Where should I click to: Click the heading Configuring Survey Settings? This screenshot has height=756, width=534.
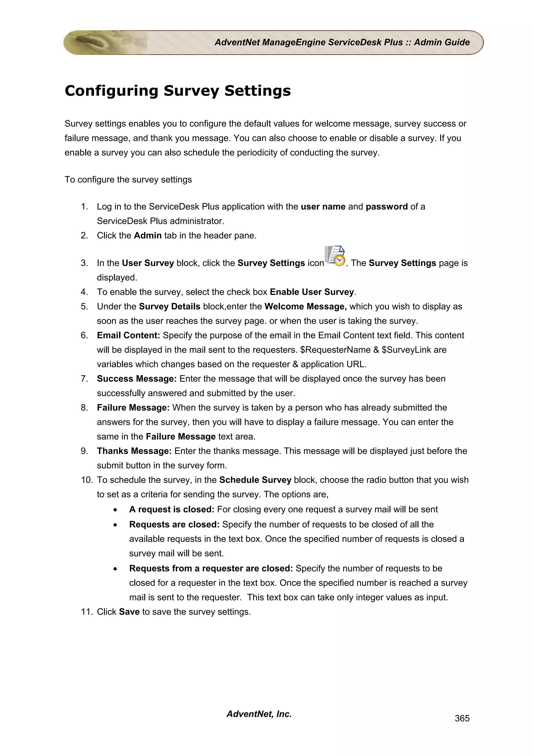(178, 91)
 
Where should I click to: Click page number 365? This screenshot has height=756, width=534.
(462, 718)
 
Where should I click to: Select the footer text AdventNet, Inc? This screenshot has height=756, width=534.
(259, 714)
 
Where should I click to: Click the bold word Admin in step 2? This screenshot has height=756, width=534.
(148, 235)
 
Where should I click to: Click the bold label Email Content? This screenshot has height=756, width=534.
(128, 335)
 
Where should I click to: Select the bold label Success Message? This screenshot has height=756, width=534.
(137, 379)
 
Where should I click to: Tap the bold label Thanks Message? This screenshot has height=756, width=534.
(134, 451)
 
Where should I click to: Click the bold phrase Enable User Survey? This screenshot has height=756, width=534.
(312, 292)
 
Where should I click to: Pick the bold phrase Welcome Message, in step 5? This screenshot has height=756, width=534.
(305, 307)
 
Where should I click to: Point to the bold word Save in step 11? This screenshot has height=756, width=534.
(129, 612)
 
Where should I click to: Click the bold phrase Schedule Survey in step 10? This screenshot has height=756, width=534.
(255, 480)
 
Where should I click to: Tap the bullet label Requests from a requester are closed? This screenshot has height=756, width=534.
(211, 568)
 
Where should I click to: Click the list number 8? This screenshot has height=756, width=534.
(84, 408)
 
